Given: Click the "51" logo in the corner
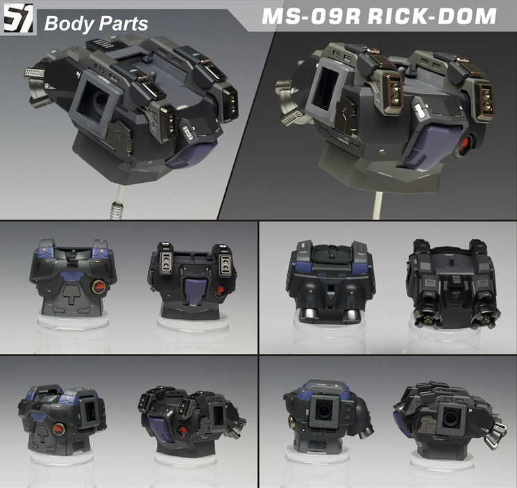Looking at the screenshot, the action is [19, 18].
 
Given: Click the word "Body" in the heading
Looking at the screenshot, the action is [69, 24].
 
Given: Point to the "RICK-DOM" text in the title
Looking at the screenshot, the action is [432, 16].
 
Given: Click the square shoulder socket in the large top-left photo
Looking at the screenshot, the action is [91, 101].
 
